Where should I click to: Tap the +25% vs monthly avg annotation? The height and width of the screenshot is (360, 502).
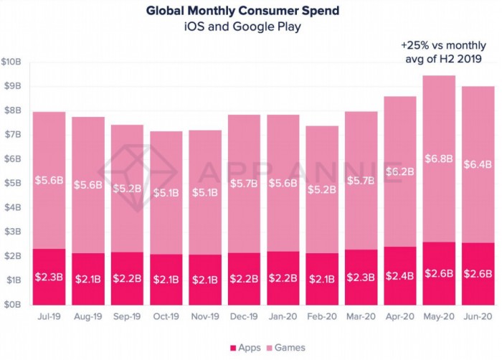[437, 52]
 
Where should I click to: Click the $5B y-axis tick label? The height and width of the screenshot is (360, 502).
[14, 183]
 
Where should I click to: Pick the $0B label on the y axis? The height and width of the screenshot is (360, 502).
[14, 304]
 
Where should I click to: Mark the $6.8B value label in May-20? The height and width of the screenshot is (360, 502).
[439, 158]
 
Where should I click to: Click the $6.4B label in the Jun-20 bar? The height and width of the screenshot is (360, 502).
[478, 164]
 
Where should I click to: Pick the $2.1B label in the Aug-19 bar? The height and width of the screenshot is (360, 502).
[87, 278]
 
